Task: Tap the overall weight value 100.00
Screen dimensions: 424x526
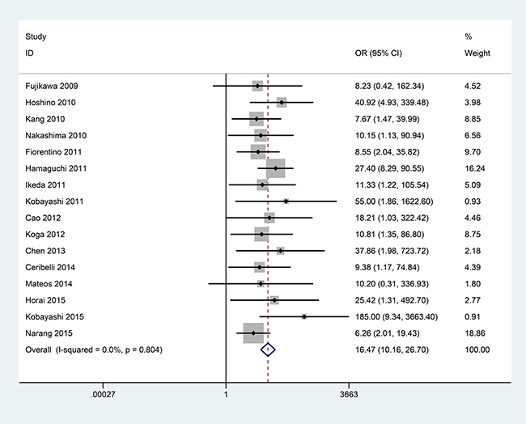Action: [477, 350]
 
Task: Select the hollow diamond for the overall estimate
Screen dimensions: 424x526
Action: [269, 350]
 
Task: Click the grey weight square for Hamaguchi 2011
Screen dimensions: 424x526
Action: [275, 168]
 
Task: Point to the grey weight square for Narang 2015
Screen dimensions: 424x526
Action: [253, 333]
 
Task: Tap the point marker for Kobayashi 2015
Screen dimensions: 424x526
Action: [304, 316]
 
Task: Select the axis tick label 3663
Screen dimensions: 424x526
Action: [349, 396]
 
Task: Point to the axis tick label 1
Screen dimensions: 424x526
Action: [225, 396]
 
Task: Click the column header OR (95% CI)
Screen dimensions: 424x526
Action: [380, 53]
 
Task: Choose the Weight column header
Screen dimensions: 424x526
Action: [477, 53]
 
